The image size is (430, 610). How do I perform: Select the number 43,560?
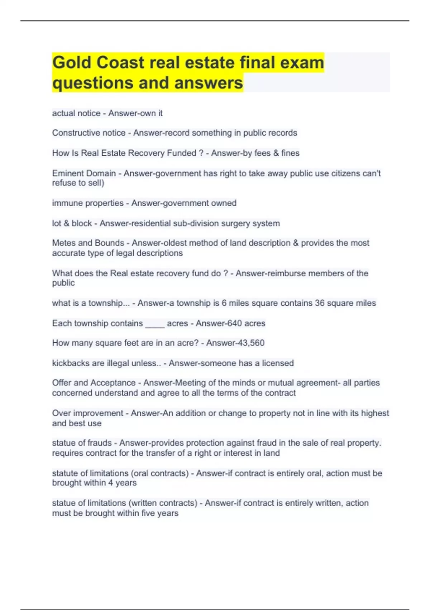[250, 343]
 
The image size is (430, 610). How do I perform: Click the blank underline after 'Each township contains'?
[155, 324]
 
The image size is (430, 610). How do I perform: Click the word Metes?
[63, 243]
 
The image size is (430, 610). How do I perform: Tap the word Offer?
[62, 383]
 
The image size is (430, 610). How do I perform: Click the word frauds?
[100, 443]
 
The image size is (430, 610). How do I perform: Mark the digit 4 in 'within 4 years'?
[111, 483]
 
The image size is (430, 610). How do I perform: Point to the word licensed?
[278, 363]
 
